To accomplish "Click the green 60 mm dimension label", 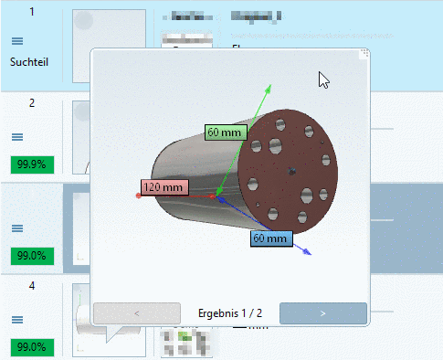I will click(224, 132).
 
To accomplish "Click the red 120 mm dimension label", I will click(163, 187).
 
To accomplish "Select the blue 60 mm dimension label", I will click(270, 238).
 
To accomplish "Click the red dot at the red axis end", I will click(138, 196).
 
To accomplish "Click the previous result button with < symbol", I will click(136, 312).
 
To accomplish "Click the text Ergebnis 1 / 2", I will click(230, 312).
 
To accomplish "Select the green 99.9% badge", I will click(31, 164).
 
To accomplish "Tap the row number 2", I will click(32, 102).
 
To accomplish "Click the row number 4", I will click(32, 286).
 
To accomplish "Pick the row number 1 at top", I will click(32, 12).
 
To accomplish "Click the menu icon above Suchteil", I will click(17, 41).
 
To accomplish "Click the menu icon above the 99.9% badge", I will click(17, 137).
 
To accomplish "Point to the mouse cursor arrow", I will click(322, 79).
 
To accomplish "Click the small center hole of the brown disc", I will click(291, 170).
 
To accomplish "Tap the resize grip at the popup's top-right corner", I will click(365, 53).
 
